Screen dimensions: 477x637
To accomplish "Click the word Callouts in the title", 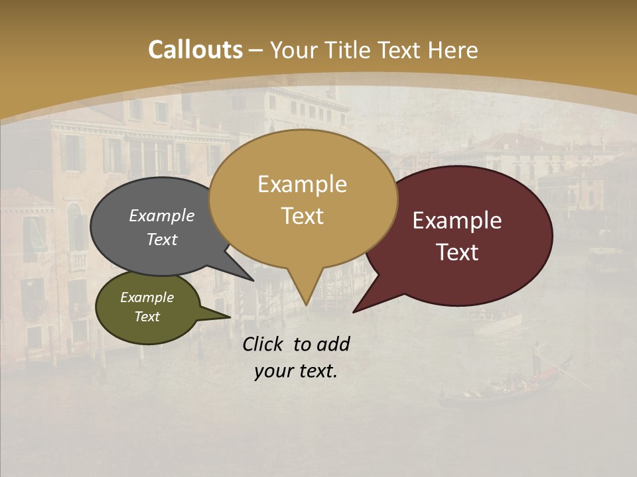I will (x=195, y=50).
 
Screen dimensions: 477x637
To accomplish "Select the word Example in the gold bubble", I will (x=302, y=184).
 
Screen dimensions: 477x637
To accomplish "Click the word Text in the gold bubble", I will (x=302, y=216).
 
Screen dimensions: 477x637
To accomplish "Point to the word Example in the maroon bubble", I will (x=457, y=221).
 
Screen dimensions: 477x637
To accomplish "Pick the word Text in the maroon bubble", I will (x=457, y=252).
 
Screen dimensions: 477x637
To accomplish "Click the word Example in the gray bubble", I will (x=161, y=216).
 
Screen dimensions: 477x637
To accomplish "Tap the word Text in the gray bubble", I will (x=161, y=240).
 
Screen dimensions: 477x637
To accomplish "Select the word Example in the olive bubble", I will (x=147, y=297).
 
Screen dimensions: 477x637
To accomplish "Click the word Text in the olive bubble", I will (x=147, y=317).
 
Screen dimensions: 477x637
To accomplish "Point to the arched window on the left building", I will (x=75, y=225).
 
